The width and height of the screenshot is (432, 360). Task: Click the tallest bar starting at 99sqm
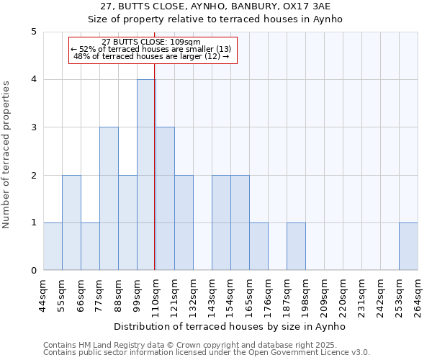(146, 175)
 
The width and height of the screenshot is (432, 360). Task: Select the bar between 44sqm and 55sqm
(53, 246)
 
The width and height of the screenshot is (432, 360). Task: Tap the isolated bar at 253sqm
(408, 246)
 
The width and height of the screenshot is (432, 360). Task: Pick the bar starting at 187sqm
(296, 246)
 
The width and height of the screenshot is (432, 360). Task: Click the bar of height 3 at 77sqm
(109, 199)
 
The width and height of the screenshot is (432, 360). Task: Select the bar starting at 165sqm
(258, 246)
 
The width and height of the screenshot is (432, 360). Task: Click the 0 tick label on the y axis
(34, 271)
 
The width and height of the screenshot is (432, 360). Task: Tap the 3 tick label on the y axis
(34, 127)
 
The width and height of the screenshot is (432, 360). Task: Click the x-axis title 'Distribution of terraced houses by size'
(230, 326)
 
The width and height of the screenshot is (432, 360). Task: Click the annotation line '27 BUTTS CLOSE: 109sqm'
(152, 42)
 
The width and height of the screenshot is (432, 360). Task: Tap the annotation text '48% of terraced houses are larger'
(152, 56)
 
